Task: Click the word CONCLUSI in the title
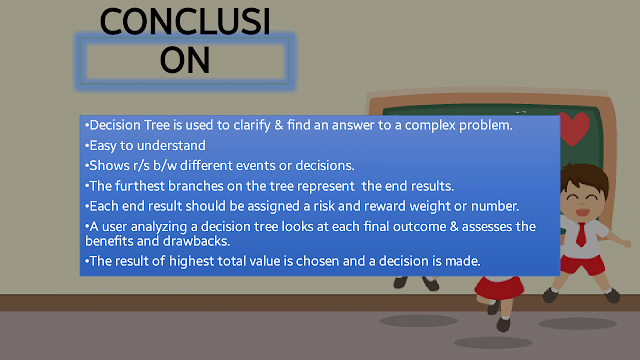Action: tap(185, 22)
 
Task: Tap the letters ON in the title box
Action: tap(185, 60)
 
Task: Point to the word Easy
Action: tap(103, 146)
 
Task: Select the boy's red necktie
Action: tap(581, 234)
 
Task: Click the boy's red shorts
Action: tap(583, 264)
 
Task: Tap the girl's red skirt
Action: tap(499, 288)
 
